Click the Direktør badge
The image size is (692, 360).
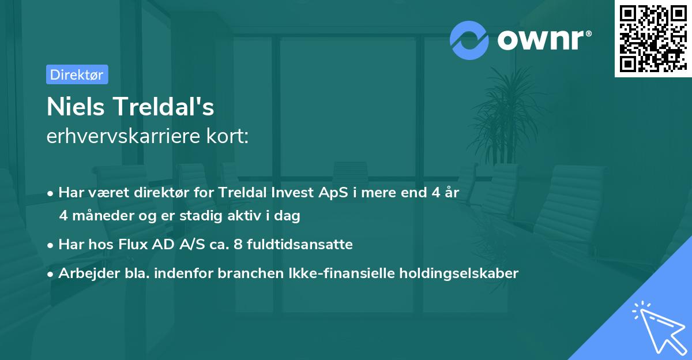[77, 74]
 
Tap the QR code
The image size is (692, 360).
[653, 39]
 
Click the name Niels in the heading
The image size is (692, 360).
[75, 107]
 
